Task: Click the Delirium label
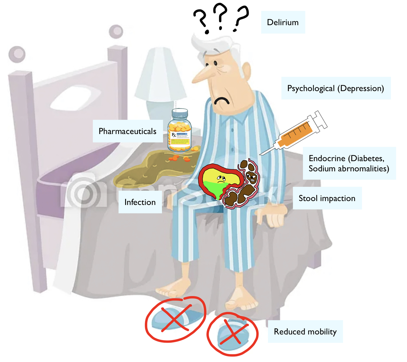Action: [283, 22]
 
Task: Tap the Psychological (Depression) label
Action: [336, 89]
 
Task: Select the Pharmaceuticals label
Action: [127, 131]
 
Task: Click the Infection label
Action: [140, 202]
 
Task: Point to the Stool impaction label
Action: [327, 198]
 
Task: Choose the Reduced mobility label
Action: [305, 331]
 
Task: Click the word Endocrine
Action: [327, 158]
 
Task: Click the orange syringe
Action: [296, 134]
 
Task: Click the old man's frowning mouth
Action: [222, 101]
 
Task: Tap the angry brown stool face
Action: [251, 176]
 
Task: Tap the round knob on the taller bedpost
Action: [116, 31]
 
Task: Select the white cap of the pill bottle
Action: [180, 114]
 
